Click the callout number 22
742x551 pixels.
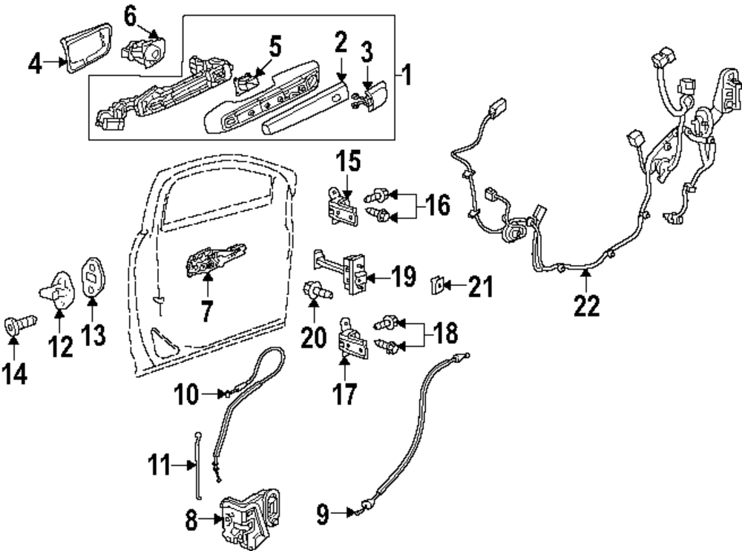pyautogui.click(x=586, y=305)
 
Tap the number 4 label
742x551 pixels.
pyautogui.click(x=35, y=63)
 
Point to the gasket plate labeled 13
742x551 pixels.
pyautogui.click(x=93, y=276)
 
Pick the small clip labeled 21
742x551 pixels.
pyautogui.click(x=438, y=285)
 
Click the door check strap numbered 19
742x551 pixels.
pyautogui.click(x=340, y=272)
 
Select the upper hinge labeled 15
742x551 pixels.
pyautogui.click(x=342, y=206)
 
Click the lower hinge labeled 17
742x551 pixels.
pyautogui.click(x=352, y=339)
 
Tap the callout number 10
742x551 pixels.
pyautogui.click(x=186, y=394)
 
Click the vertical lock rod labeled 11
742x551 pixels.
pyautogui.click(x=198, y=464)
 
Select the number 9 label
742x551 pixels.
pyautogui.click(x=323, y=514)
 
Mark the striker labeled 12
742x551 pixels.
pyautogui.click(x=58, y=290)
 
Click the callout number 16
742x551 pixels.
pyautogui.click(x=437, y=205)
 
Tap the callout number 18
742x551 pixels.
pyautogui.click(x=445, y=333)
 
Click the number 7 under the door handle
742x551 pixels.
pyautogui.click(x=206, y=311)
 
